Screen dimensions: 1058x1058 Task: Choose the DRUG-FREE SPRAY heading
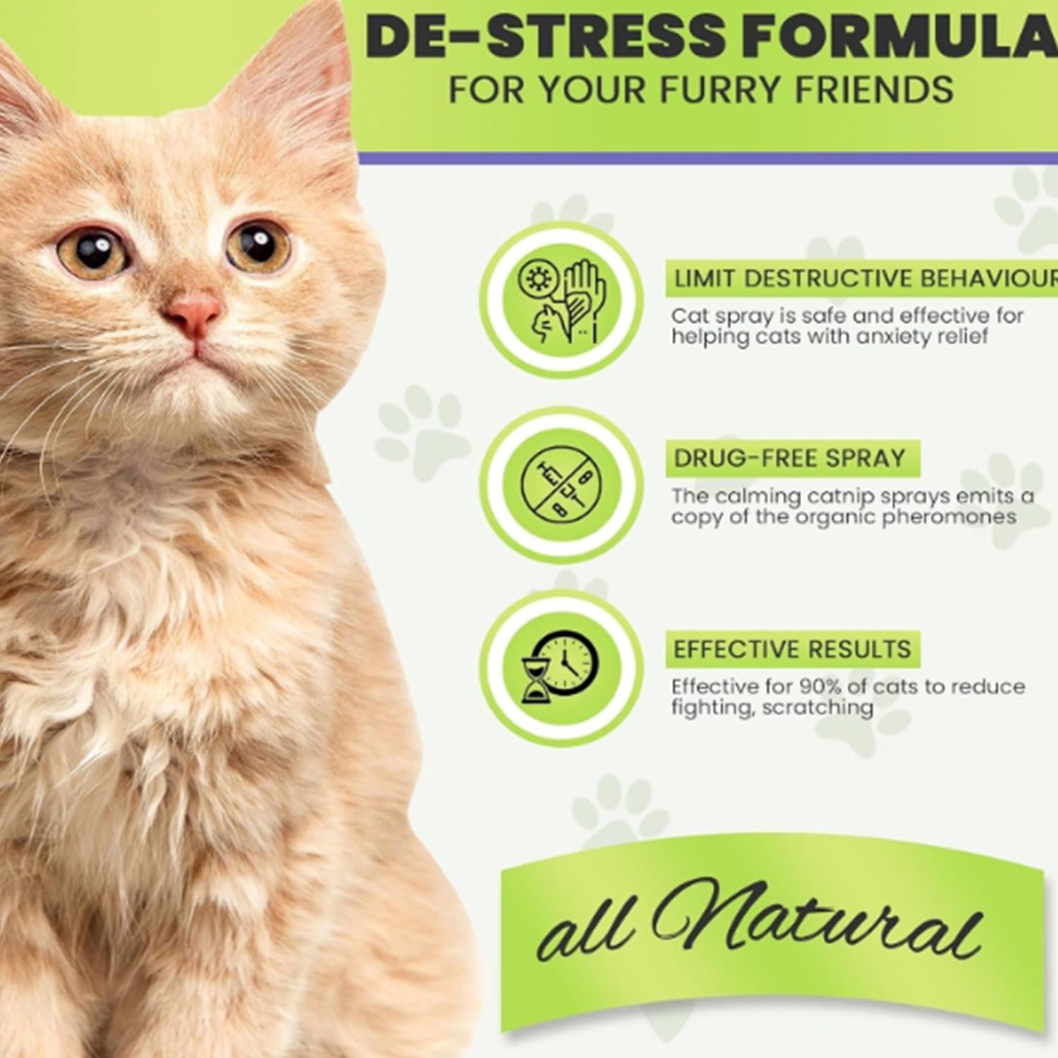[789, 458]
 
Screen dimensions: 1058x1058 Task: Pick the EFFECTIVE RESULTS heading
[792, 649]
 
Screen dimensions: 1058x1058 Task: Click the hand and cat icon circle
[561, 300]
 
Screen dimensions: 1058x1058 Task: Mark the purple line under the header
[708, 158]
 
